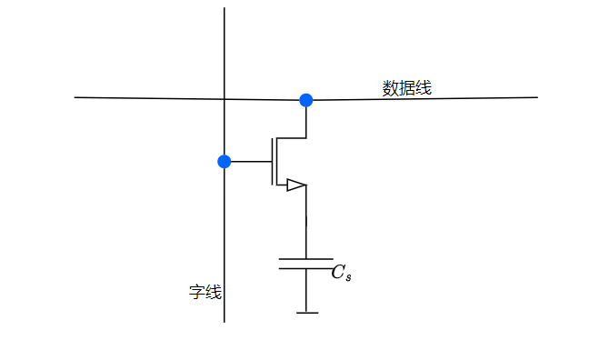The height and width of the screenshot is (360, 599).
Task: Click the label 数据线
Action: tap(406, 88)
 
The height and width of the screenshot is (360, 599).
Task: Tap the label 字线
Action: tap(205, 293)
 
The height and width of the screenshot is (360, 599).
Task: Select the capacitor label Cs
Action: tap(341, 273)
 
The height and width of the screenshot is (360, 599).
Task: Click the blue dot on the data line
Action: tap(306, 100)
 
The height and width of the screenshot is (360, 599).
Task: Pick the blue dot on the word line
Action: tap(225, 162)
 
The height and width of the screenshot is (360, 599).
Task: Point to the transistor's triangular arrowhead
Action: tap(295, 185)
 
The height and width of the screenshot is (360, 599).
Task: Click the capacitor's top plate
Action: tap(305, 259)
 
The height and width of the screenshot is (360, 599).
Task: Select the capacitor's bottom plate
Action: tap(305, 268)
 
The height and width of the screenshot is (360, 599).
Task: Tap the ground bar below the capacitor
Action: tap(306, 313)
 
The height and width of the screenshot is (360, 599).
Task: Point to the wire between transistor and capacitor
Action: tap(306, 223)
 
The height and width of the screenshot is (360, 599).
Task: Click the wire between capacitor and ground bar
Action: tap(306, 291)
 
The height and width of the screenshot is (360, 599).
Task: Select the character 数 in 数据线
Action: tap(391, 88)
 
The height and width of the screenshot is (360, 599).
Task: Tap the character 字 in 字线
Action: tap(196, 293)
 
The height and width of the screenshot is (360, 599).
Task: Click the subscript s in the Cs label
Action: tap(347, 276)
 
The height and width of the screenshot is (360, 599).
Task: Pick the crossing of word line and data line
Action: tap(225, 98)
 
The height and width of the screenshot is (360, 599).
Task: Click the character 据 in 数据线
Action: tap(406, 88)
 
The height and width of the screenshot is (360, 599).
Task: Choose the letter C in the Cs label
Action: tap(337, 272)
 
